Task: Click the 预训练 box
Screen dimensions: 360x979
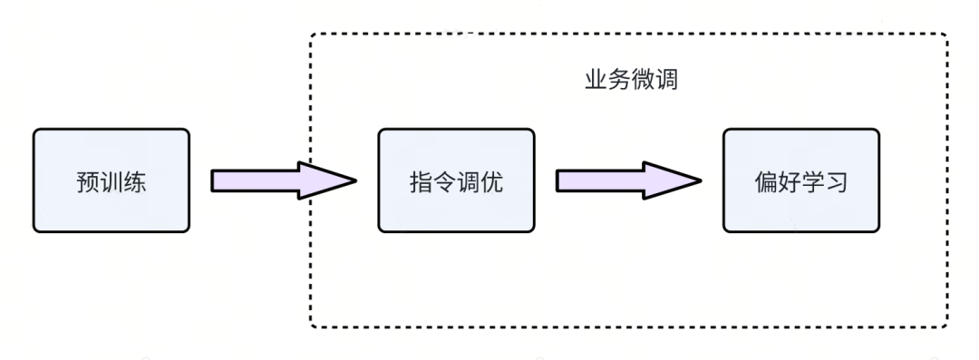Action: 111,180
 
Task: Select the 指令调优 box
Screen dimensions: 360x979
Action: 456,180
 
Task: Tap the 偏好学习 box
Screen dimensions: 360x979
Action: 800,180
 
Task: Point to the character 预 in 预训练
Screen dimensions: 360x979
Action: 88,181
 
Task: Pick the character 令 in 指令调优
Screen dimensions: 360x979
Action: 444,181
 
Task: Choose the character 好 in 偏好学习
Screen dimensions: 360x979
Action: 789,181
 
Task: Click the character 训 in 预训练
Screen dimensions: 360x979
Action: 111,181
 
